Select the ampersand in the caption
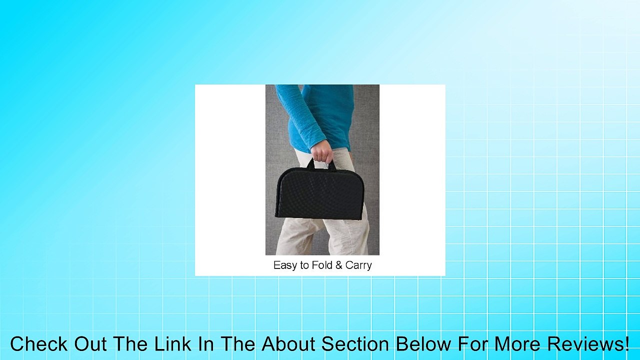point(339,265)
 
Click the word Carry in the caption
point(358,265)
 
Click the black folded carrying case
point(319,193)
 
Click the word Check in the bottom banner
point(39,343)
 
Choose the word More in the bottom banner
point(513,343)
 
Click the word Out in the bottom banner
point(90,343)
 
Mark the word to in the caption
point(304,265)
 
